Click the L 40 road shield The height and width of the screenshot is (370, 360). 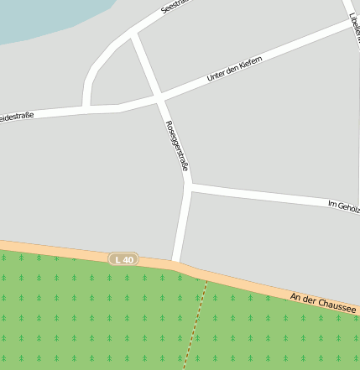tap(123, 260)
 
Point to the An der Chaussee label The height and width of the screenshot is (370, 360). tap(323, 304)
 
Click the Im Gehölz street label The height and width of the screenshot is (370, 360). tap(342, 206)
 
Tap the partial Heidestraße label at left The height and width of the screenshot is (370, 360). tap(17, 115)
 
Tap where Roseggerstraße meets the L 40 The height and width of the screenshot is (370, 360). tap(175, 263)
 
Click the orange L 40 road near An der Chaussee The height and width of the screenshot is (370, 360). tap(252, 287)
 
